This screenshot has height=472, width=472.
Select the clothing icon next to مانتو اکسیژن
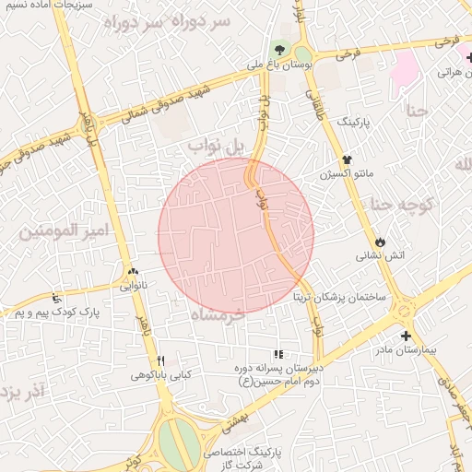pos(347,159)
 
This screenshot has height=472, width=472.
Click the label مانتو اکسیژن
pos(347,173)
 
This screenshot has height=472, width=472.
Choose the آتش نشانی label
pos(380,254)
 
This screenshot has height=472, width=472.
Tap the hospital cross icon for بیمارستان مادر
pos(406,336)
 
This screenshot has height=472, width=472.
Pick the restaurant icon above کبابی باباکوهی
pos(161,360)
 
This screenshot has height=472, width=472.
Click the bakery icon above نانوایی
pos(134,272)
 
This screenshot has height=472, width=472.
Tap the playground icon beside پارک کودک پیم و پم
pos(58,298)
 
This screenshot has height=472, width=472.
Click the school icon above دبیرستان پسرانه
pos(278,354)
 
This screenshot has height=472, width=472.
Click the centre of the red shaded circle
pos(236,235)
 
